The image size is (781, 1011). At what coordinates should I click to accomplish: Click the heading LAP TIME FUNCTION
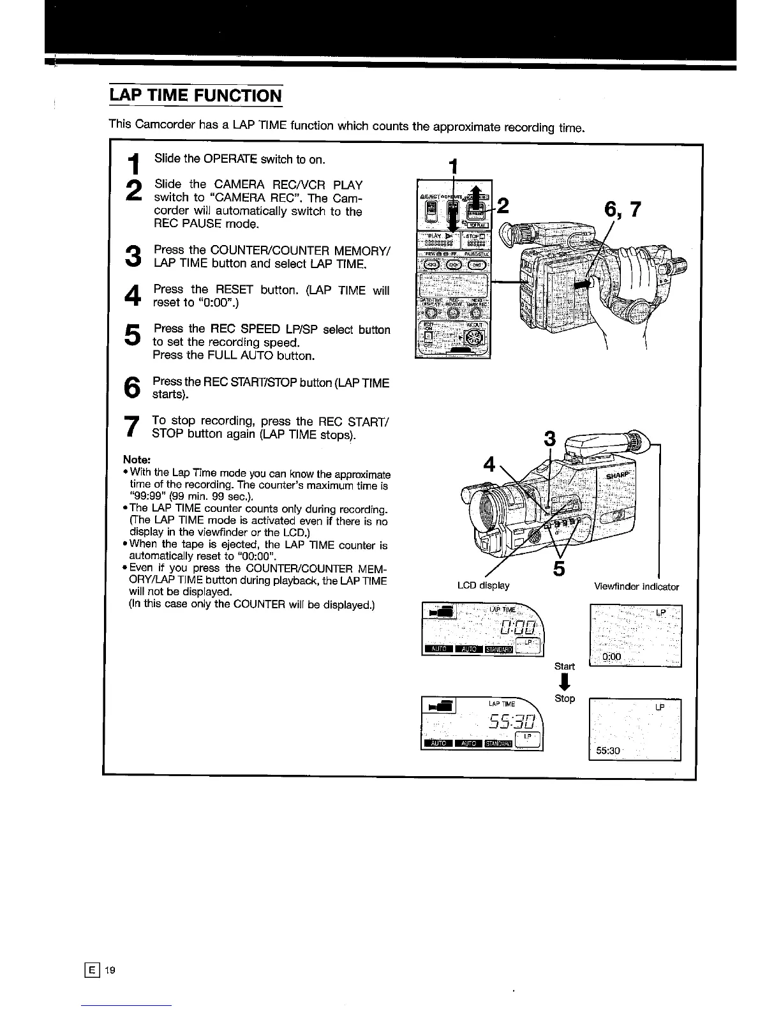(195, 96)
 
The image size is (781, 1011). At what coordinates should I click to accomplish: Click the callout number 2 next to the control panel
(503, 206)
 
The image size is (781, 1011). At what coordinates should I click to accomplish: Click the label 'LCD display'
(483, 585)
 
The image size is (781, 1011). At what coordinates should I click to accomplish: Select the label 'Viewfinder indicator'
(636, 587)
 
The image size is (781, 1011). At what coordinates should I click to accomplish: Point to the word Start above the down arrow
(564, 666)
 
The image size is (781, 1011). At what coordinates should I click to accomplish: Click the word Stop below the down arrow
(565, 698)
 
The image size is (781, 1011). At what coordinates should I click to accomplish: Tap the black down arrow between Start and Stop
(564, 682)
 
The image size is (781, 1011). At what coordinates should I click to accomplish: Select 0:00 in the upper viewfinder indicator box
(611, 657)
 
